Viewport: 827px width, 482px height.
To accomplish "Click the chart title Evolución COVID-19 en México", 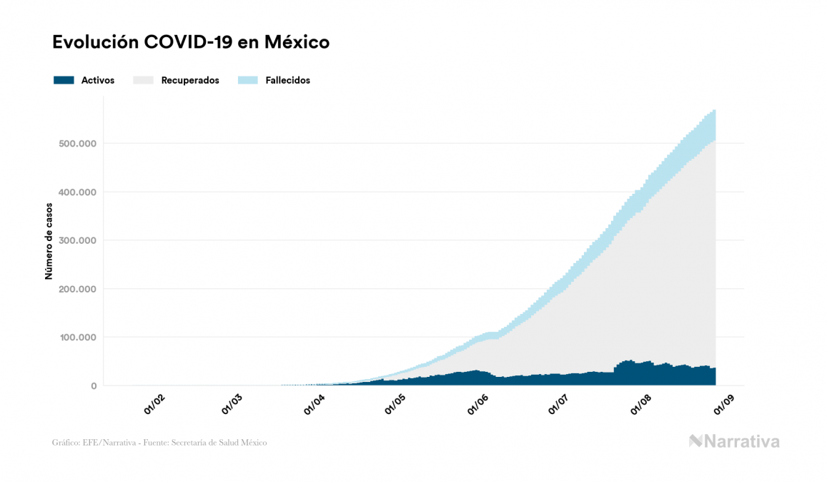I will (191, 42).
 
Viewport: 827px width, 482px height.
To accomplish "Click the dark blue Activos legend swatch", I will (64, 80).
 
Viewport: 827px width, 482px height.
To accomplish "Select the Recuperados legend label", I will (190, 80).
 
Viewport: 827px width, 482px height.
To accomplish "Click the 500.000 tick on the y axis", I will (76, 144).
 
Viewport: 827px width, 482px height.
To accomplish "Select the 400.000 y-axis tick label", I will (76, 192).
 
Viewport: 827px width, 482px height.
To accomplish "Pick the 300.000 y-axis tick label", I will (76, 240).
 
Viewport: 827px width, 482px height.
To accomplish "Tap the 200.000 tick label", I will (76, 289).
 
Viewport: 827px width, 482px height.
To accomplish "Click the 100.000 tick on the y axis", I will (76, 338).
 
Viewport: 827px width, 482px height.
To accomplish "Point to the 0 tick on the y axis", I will (93, 386).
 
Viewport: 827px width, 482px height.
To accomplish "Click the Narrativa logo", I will (734, 441).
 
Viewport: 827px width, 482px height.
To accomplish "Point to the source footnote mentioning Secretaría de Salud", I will (159, 443).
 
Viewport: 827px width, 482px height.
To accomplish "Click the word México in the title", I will (297, 42).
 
